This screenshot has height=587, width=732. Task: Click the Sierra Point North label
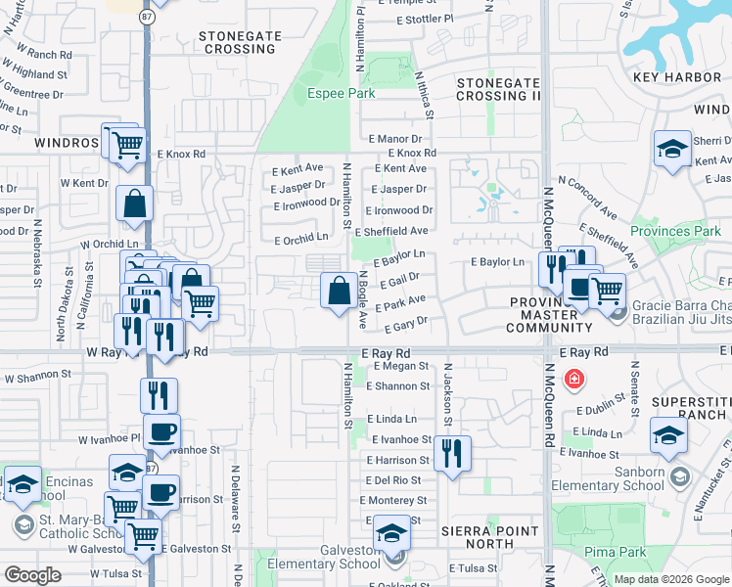(490, 537)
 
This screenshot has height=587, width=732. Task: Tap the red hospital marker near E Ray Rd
(574, 379)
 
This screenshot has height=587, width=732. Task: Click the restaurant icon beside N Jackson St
(451, 452)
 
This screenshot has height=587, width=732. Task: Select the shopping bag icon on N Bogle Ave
(339, 290)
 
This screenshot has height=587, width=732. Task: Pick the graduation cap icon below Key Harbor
(671, 149)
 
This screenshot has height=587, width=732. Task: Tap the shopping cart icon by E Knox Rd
(128, 145)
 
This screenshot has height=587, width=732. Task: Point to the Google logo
(32, 575)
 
